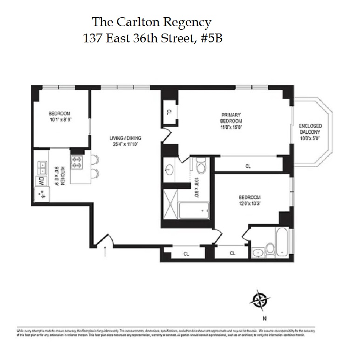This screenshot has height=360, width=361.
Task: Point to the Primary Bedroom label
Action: (232, 120)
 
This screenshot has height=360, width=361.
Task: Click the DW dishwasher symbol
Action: (41, 181)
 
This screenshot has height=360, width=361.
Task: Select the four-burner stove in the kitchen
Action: (76, 163)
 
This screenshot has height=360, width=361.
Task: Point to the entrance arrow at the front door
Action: (105, 251)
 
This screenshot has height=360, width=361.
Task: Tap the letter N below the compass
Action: (264, 319)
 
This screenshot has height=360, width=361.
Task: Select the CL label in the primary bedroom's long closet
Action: (248, 165)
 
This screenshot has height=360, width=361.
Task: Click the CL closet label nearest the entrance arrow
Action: (186, 253)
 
